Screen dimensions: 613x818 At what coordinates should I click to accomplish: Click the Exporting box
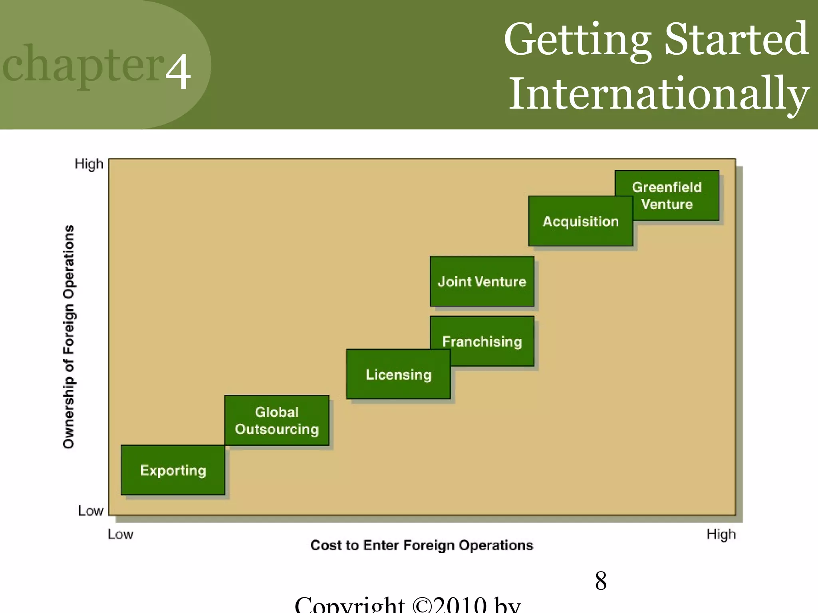[x=173, y=470]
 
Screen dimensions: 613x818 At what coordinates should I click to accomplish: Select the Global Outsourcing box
[x=276, y=420]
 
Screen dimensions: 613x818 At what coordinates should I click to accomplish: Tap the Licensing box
[x=398, y=374]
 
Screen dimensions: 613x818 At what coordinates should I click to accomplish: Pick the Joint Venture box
[x=482, y=281]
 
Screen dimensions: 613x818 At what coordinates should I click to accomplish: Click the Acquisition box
[x=580, y=221]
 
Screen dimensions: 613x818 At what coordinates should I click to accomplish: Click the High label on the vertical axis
[x=89, y=164]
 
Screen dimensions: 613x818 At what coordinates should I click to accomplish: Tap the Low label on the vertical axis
[x=90, y=511]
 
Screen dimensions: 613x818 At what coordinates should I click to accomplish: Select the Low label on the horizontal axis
[x=120, y=534]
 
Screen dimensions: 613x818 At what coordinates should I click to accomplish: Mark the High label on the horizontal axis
[x=721, y=534]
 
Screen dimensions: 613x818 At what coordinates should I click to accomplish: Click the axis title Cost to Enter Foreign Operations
[x=421, y=545]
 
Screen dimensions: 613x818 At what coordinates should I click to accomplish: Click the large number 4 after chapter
[x=178, y=71]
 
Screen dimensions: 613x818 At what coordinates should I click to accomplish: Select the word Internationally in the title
[x=659, y=94]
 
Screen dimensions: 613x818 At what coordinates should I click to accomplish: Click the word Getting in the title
[x=577, y=40]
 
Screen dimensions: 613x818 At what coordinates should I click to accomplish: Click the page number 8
[x=601, y=581]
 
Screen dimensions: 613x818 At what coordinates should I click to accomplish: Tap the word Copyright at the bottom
[x=349, y=605]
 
